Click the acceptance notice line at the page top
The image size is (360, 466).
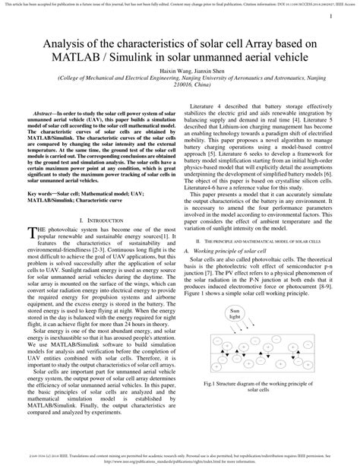coord(180,4)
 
